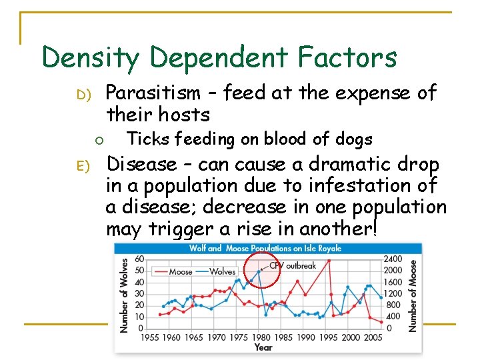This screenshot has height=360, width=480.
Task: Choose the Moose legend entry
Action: click(180, 271)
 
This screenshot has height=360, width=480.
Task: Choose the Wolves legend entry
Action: click(222, 271)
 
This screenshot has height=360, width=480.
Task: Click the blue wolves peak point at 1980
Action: click(259, 271)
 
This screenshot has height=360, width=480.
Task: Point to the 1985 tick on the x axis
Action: click(283, 337)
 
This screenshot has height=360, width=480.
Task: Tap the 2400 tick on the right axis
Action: click(393, 259)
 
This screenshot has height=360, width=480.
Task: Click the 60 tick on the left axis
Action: click(139, 259)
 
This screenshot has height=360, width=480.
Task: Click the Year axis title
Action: click(263, 347)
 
